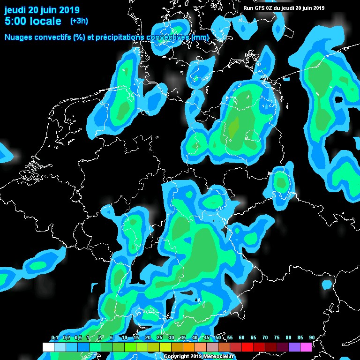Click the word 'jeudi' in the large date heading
pos(15,10)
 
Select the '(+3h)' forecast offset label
pos(79,21)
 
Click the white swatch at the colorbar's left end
pos(48,347)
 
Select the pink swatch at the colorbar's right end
pos(306,347)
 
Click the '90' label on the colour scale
pos(312,337)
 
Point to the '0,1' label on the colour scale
pos(54,337)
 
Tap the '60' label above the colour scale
pos(241,337)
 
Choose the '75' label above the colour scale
pos(277,337)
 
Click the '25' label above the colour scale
pos(159,337)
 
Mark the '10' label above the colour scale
pos(124,337)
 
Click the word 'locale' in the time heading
pos(45,21)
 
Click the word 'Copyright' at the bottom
pos(177,357)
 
